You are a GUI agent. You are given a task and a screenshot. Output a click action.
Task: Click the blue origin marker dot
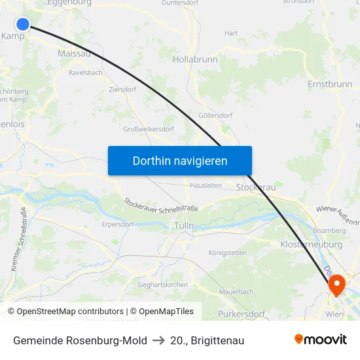click(23, 24)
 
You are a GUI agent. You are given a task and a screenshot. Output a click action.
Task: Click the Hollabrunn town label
click(195, 59)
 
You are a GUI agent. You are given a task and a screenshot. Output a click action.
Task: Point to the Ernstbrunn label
click(331, 84)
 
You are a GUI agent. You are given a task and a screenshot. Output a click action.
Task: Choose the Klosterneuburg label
click(311, 244)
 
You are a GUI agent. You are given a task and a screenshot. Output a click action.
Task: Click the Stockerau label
click(256, 187)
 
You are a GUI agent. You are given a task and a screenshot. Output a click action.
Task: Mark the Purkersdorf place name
click(242, 314)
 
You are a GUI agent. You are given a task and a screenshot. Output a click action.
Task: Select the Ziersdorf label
click(122, 89)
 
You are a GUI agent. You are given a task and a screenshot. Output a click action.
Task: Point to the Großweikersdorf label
click(149, 129)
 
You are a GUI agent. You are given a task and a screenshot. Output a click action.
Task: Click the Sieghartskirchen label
click(163, 285)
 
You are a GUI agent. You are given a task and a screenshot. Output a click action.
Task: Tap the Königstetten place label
click(227, 253)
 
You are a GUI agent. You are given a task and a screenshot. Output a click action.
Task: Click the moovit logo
click(321, 340)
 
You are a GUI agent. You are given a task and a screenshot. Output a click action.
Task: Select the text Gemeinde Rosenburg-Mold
click(80, 340)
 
